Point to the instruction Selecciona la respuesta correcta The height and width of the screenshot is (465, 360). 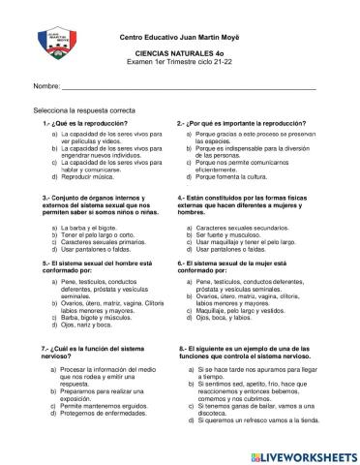[x=85, y=111]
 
